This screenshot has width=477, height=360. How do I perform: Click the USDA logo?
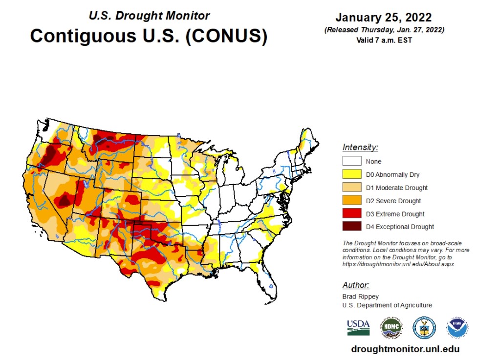pyautogui.click(x=358, y=327)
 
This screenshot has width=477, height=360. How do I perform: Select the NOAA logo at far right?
pyautogui.click(x=457, y=327)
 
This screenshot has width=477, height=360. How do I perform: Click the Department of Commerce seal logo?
pyautogui.click(x=424, y=327)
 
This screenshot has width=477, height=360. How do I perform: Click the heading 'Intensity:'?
pyautogui.click(x=360, y=147)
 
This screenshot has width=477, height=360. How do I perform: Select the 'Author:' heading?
pyautogui.click(x=356, y=285)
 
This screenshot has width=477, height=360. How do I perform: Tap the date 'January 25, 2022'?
pyautogui.click(x=384, y=18)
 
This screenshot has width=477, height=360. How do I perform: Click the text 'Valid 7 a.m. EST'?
pyautogui.click(x=384, y=41)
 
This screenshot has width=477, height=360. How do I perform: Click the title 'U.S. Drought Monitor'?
pyautogui.click(x=149, y=15)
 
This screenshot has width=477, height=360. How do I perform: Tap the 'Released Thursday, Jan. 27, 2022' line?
pyautogui.click(x=384, y=30)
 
